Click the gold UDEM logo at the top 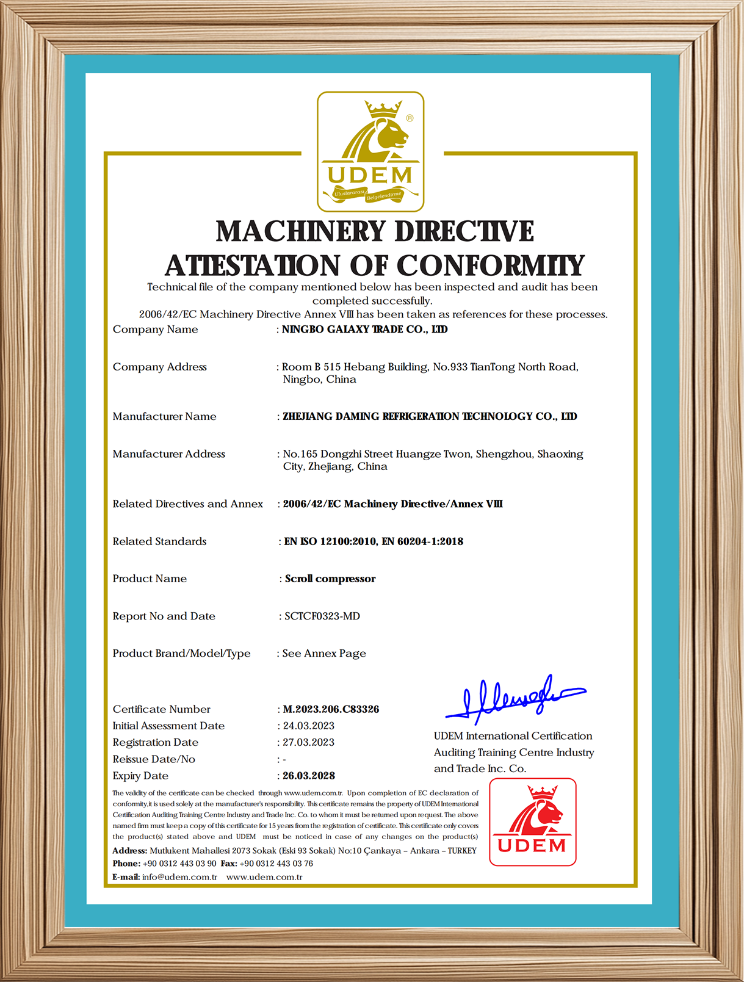[x=370, y=152]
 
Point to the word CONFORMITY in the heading [x=491, y=265]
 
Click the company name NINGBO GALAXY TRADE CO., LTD [x=364, y=330]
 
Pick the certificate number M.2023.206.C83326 [x=331, y=709]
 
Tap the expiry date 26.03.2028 [x=309, y=776]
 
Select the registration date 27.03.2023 [x=309, y=742]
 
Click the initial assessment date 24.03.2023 [x=309, y=726]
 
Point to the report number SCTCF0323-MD [x=322, y=616]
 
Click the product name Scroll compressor [x=330, y=579]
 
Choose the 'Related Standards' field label [x=159, y=541]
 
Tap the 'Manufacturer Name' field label [x=164, y=416]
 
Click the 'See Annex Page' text [x=324, y=654]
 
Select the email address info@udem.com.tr [x=179, y=877]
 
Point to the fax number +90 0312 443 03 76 [x=276, y=864]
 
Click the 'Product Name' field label [x=150, y=579]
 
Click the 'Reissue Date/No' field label [x=154, y=759]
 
